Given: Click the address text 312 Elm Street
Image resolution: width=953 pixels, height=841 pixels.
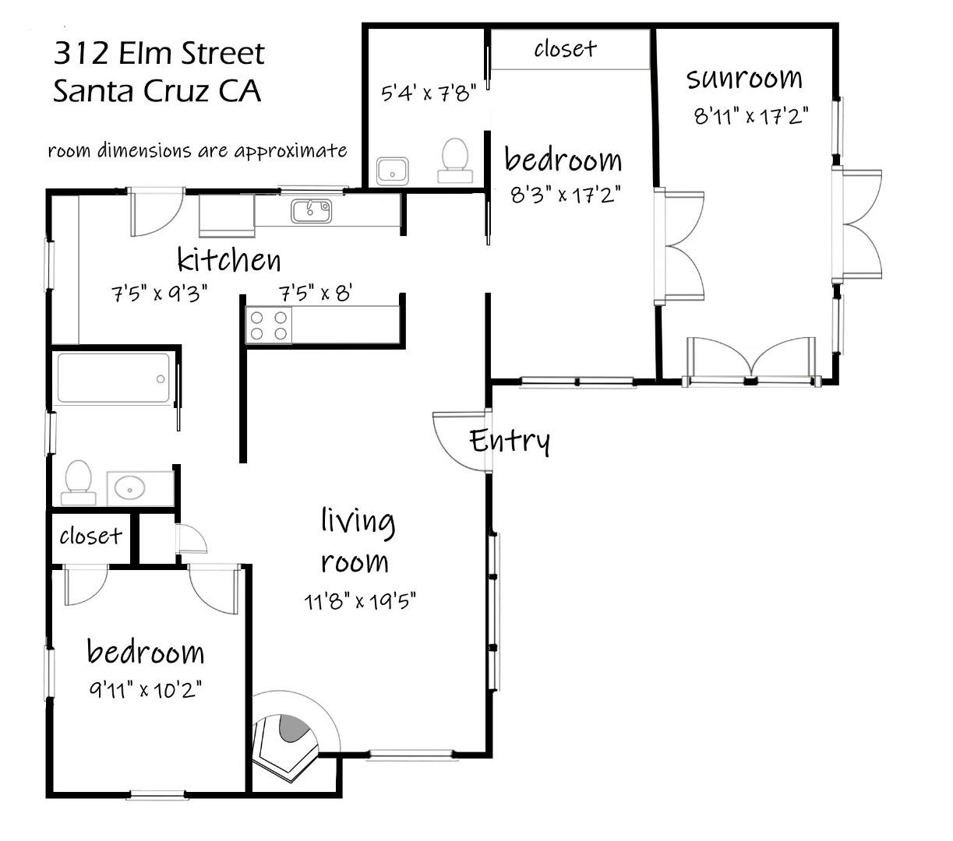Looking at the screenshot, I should [x=159, y=54].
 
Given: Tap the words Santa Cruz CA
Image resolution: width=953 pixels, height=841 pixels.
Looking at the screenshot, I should [x=157, y=91].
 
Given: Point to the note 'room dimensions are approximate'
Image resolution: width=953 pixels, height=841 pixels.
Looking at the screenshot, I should [x=197, y=150].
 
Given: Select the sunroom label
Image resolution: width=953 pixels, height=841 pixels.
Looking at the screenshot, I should [x=744, y=78].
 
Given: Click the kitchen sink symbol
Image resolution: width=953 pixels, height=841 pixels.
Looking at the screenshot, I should [x=312, y=210].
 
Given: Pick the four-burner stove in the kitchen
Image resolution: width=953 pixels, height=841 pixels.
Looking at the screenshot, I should [x=269, y=325].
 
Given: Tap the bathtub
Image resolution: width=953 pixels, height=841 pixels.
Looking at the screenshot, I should [x=114, y=378].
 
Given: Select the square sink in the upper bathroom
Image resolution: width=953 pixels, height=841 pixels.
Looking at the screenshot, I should [x=393, y=170].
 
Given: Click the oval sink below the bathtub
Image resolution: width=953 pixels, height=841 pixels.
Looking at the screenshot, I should [x=129, y=488].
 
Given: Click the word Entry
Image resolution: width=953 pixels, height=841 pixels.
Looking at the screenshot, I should [x=510, y=441].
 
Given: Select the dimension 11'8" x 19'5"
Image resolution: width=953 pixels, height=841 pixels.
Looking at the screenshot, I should [x=360, y=601].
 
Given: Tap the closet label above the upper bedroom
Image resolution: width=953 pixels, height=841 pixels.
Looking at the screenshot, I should [x=565, y=49].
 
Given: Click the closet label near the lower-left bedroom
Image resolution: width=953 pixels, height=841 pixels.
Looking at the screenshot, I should [x=90, y=536].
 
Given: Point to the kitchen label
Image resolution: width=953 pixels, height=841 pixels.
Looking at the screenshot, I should [x=228, y=259].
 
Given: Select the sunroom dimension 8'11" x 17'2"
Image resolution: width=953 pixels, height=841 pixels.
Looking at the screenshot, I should [x=750, y=116].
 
